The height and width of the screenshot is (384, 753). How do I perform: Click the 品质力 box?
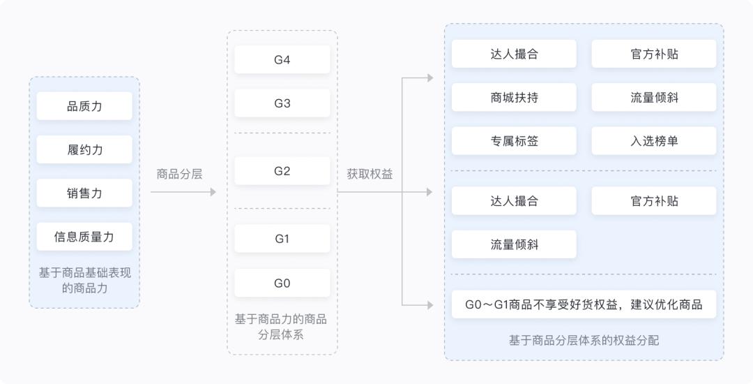point(84,106)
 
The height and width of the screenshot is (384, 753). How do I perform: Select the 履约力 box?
point(84,149)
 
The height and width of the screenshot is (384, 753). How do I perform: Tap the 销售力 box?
point(84,193)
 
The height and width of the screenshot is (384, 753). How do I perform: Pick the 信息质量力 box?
point(84,237)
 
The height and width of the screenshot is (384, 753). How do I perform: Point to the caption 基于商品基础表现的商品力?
point(84,280)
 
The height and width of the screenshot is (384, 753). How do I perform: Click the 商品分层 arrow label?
point(179,174)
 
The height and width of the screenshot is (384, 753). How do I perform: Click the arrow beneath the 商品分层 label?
point(183,192)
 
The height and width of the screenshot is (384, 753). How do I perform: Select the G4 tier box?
point(282,60)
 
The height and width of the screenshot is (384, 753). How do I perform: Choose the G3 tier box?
point(282,103)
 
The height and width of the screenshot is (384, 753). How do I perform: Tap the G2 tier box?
point(282,171)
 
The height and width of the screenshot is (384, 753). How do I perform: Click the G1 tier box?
point(282,239)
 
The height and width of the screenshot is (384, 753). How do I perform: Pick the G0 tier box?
point(282,283)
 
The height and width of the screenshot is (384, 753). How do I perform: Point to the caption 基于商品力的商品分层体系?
point(282,327)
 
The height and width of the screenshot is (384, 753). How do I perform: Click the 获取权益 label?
point(370,174)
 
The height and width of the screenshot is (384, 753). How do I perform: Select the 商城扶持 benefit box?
point(514,98)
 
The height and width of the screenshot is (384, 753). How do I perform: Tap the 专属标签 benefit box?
point(514,141)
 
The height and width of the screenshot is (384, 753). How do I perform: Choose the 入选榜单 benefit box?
point(654,141)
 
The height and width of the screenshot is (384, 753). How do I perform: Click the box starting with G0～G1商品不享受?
point(584,304)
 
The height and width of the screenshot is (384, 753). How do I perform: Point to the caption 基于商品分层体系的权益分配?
point(584,341)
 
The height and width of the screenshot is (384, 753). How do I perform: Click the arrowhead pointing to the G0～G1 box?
point(429,304)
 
